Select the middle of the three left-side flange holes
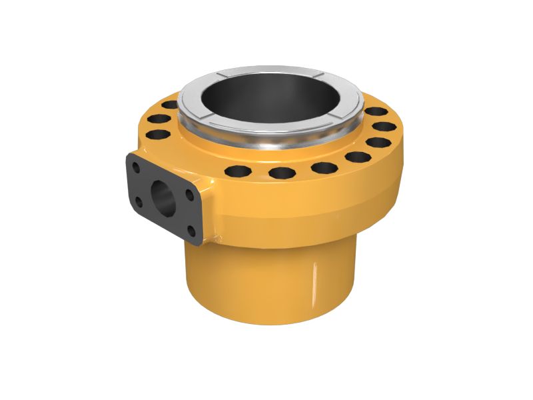[160, 119]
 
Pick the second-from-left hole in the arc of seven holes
[282, 173]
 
